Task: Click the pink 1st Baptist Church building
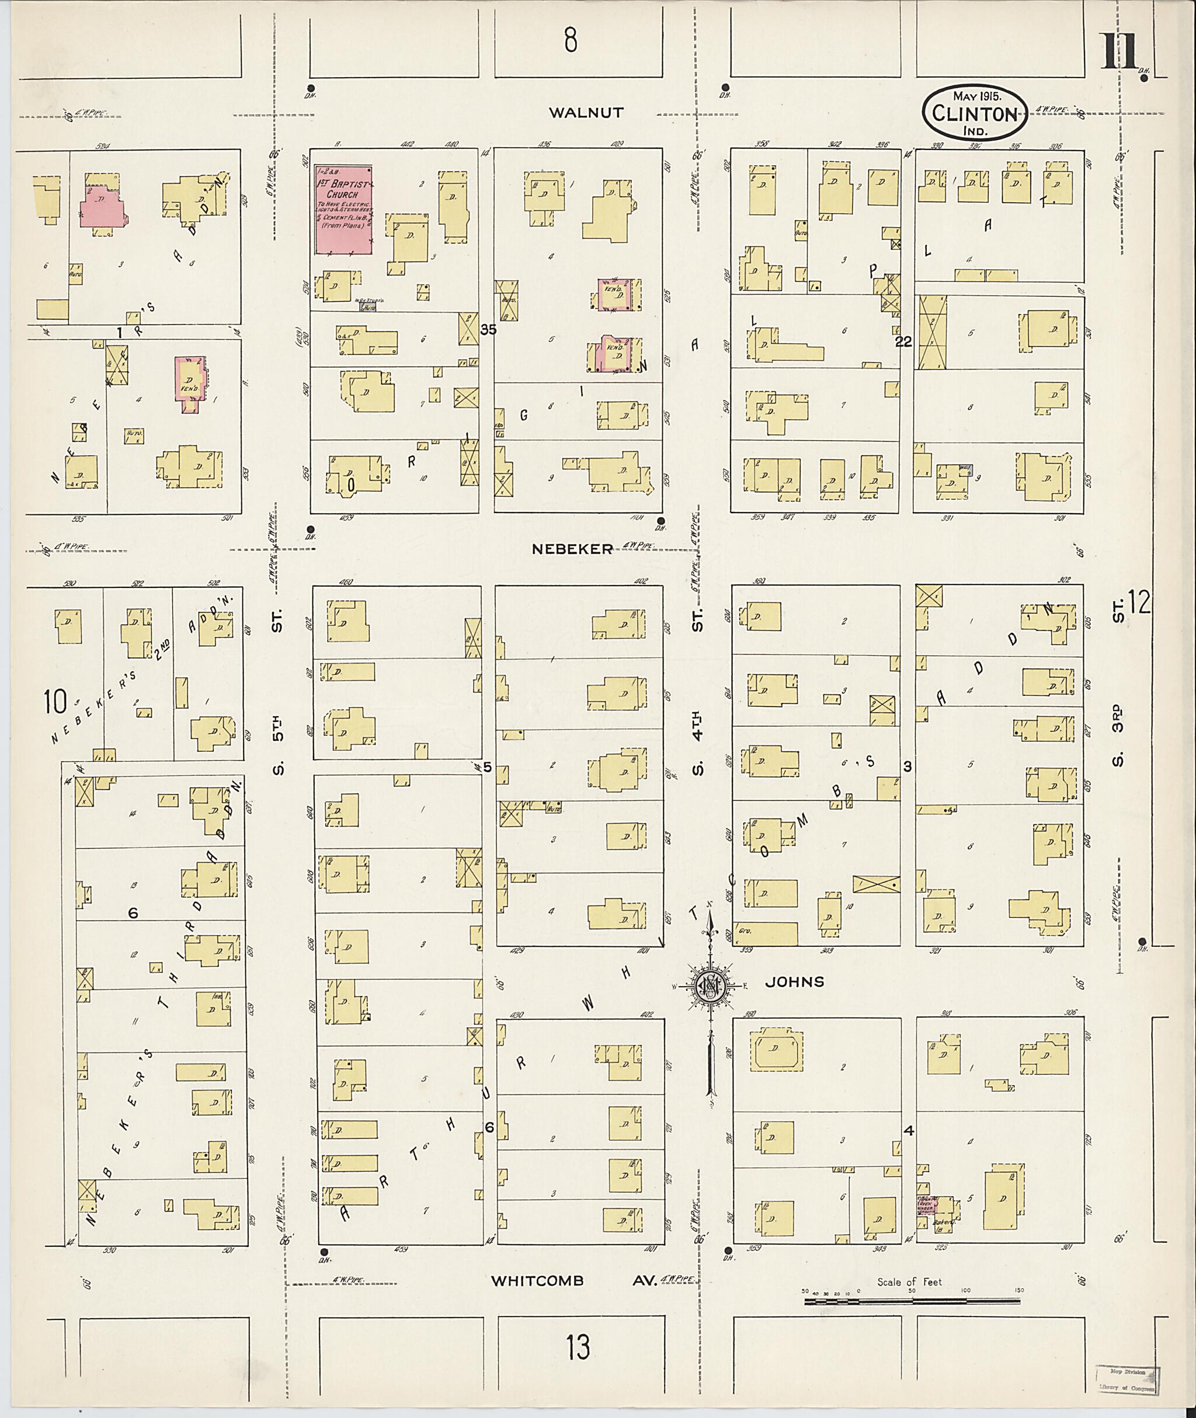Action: (343, 209)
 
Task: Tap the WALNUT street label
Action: (586, 113)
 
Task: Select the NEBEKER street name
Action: (572, 549)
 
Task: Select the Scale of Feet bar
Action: (909, 1301)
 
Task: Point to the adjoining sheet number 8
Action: (570, 41)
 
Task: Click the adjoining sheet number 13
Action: (578, 1347)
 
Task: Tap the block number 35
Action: (488, 330)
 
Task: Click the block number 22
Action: (903, 342)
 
